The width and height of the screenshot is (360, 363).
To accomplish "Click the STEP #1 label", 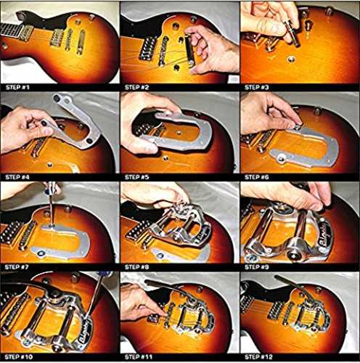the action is coord(17,87).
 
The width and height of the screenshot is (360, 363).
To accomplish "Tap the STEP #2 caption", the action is coord(136,87).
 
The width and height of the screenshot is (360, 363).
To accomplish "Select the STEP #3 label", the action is coord(257,87).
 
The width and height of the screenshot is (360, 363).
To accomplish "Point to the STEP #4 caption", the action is coord(17,177).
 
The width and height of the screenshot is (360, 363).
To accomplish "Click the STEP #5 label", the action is coord(136,177).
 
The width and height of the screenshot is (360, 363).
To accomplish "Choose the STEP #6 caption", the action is coord(257,177).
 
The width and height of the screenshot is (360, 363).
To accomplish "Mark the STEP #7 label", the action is coord(17,267).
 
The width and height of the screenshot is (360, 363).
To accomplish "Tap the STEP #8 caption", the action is coord(136,267).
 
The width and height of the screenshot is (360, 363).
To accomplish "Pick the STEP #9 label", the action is coord(257,267).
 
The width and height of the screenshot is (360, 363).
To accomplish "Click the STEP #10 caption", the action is coord(19,357).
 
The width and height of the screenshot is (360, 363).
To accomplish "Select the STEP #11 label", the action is coord(139,357).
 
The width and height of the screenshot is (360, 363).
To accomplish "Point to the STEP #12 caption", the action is coord(258,357).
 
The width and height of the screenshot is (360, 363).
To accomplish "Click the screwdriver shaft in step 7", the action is coord(52,208).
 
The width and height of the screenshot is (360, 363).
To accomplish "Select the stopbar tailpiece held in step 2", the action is coord(189,50).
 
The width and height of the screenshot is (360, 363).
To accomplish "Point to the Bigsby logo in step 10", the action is coord(86,331).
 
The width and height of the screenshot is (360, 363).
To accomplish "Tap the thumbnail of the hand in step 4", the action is coord(45,123).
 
